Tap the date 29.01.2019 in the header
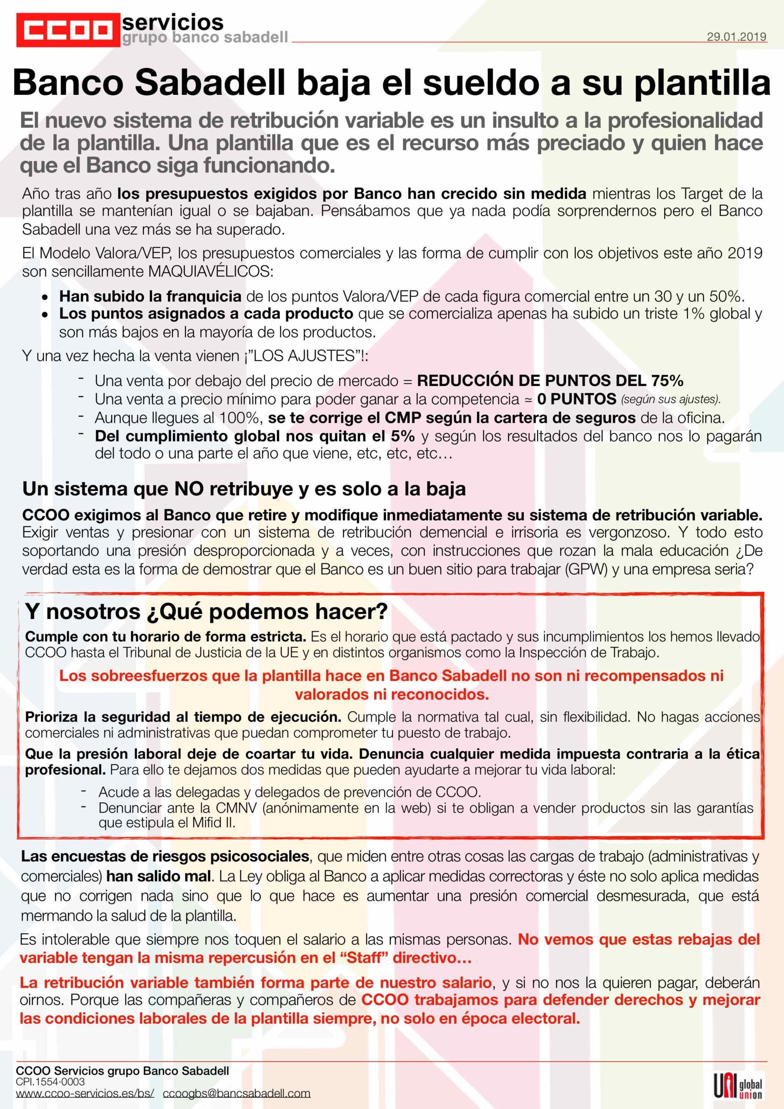tap(736, 37)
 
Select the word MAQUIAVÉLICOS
tap(210, 272)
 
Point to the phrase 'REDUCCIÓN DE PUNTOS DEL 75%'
tap(550, 381)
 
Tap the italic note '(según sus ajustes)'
tap(671, 399)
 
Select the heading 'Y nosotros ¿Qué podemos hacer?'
tap(206, 612)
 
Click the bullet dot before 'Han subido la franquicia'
tap(45, 297)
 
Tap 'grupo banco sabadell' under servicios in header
tap(205, 37)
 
